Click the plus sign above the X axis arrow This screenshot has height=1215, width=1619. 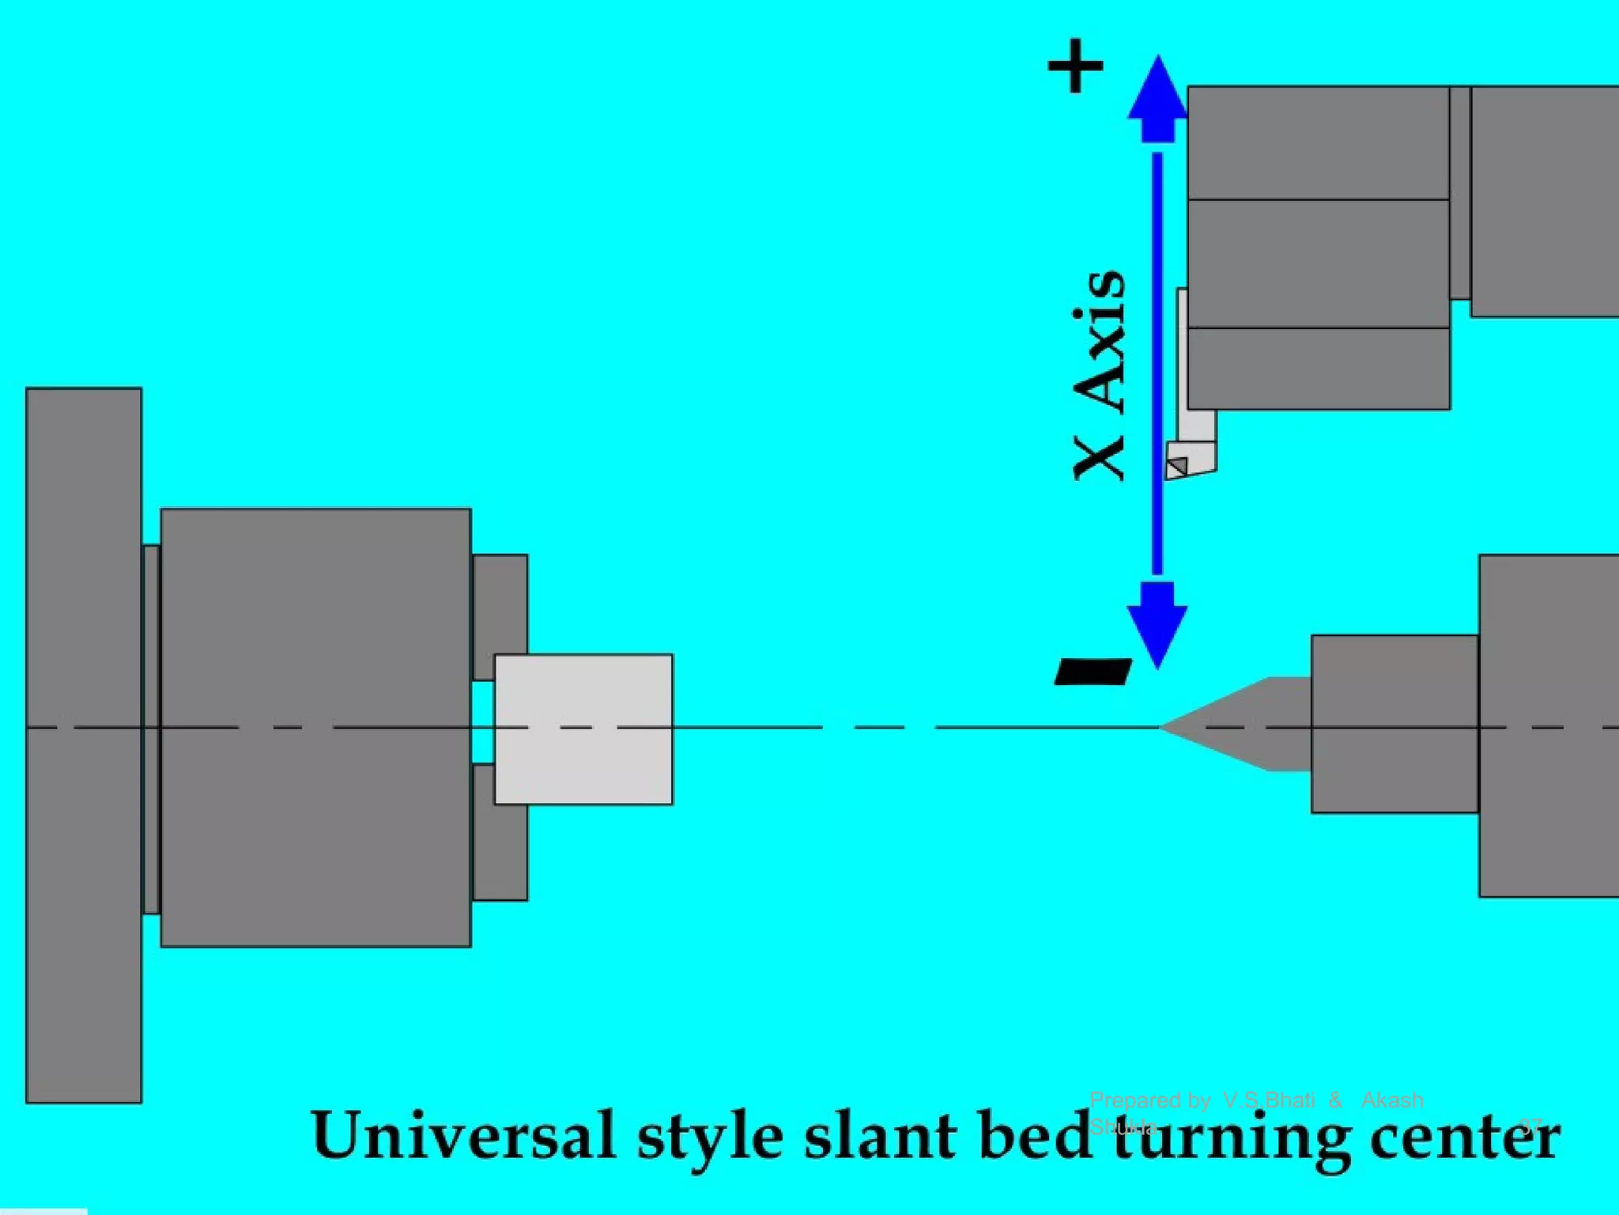click(1075, 66)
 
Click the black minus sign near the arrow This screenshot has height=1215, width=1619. click(1094, 672)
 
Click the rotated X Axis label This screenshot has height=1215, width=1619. click(1099, 376)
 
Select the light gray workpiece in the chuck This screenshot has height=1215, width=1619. click(583, 729)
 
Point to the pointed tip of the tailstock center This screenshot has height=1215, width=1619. click(1164, 726)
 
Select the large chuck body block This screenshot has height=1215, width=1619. click(315, 727)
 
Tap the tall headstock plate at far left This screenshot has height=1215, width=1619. click(84, 744)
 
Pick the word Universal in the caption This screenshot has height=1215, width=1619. click(463, 1136)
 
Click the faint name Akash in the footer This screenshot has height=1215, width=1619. click(1392, 1100)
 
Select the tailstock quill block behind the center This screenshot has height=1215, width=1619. click(1394, 724)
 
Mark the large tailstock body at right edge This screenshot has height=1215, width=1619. click(1548, 725)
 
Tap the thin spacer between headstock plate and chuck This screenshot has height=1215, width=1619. click(151, 729)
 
